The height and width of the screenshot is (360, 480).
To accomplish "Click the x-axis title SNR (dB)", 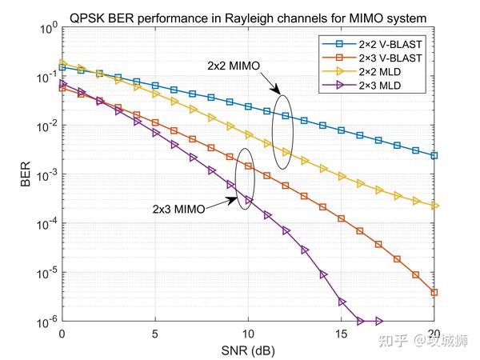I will click(247, 350).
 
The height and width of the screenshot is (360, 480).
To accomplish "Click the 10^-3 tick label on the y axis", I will click(46, 174).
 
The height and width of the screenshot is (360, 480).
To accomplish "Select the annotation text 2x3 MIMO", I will click(178, 209).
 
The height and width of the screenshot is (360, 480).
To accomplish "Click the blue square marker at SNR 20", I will click(434, 155).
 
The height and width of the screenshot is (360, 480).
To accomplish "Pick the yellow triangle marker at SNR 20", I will click(434, 206).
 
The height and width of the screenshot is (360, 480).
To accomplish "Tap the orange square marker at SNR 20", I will click(434, 293).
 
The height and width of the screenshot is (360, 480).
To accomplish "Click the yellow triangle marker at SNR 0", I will click(62, 63).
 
